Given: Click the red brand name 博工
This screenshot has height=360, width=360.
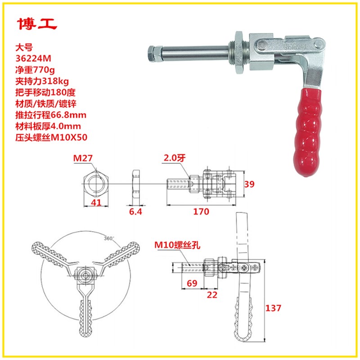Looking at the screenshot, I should coord(37,25).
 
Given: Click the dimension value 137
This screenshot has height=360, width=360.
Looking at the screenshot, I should coord(274,308).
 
